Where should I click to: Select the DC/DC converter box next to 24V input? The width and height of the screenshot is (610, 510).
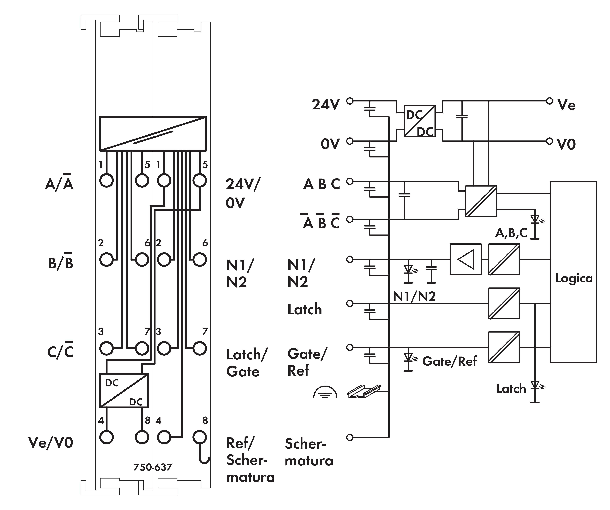tap(419, 121)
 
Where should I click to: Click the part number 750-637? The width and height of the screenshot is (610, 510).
tap(153, 467)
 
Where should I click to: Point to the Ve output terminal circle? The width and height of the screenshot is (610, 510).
tap(549, 101)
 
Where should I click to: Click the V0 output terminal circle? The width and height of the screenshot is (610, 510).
tap(549, 141)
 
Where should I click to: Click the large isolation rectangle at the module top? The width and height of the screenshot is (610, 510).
tap(153, 134)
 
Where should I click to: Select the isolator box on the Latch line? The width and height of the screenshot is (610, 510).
tap(504, 303)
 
